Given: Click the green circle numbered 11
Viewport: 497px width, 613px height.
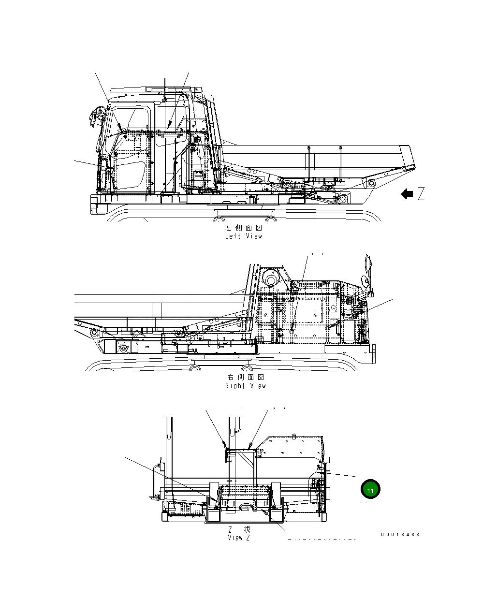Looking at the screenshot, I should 370,489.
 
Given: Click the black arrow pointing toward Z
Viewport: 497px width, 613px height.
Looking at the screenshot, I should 407,194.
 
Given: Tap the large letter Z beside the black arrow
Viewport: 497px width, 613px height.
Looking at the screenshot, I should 421,194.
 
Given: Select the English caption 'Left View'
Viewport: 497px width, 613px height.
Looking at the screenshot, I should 244,236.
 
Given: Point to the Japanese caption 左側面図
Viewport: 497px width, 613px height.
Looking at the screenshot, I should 244,228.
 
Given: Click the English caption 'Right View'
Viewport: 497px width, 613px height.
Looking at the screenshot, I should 246,386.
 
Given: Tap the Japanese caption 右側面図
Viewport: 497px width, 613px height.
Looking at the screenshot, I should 246,377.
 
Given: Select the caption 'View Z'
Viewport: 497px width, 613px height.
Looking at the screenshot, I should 239,538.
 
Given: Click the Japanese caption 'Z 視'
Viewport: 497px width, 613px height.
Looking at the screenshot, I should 239,529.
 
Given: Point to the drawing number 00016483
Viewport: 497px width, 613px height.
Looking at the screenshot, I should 400,534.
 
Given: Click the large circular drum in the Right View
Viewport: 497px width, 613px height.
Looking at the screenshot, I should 271,280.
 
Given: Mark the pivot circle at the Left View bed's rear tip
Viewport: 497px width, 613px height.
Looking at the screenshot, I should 371,184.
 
